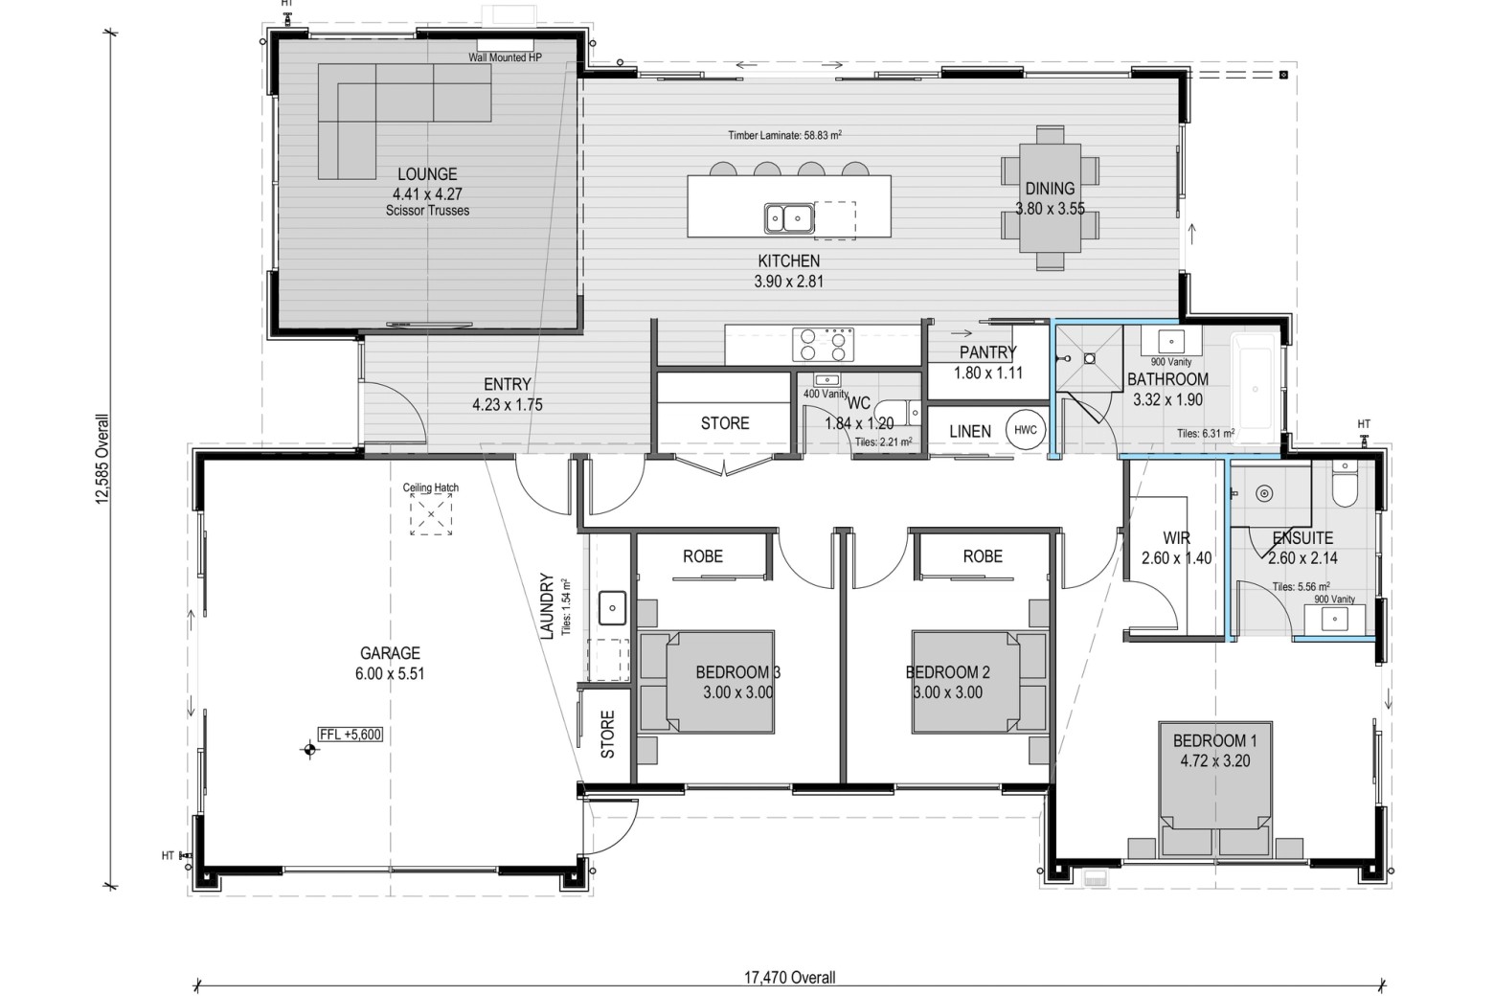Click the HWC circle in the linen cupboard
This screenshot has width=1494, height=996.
pyautogui.click(x=1025, y=430)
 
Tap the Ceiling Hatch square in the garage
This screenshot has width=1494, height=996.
pyautogui.click(x=431, y=514)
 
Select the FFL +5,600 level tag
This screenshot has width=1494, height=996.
pyautogui.click(x=351, y=735)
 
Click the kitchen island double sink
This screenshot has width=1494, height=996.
pyautogui.click(x=789, y=217)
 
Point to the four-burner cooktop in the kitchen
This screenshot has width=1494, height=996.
pyautogui.click(x=823, y=344)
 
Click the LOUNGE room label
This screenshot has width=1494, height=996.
pyautogui.click(x=427, y=174)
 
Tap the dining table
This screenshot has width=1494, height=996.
pyautogui.click(x=1050, y=198)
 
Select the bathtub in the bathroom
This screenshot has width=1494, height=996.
pyautogui.click(x=1256, y=388)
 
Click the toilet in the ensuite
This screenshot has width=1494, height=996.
pyautogui.click(x=1346, y=486)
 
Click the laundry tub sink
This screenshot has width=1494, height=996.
pyautogui.click(x=612, y=608)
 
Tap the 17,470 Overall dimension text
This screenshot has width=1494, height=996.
pyautogui.click(x=790, y=977)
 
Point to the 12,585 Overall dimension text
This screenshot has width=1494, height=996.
pyautogui.click(x=102, y=459)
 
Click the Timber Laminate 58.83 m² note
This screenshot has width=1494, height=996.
pyautogui.click(x=784, y=135)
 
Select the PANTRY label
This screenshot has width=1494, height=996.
pyautogui.click(x=987, y=352)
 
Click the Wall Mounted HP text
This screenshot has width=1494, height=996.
pyautogui.click(x=505, y=57)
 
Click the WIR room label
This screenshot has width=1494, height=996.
pyautogui.click(x=1176, y=537)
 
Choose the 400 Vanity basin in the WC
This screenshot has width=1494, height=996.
pyautogui.click(x=827, y=380)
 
